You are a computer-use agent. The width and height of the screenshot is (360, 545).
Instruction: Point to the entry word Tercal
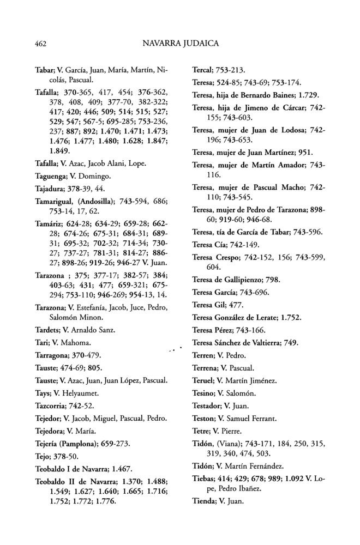coord(203,71)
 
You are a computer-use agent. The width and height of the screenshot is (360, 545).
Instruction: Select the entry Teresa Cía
coord(210,244)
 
